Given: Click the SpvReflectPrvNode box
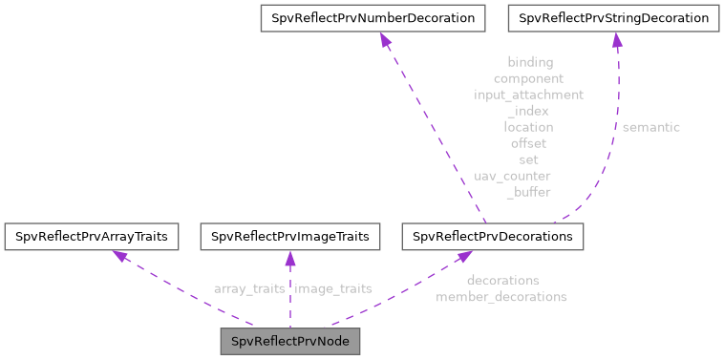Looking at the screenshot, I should tap(289, 341).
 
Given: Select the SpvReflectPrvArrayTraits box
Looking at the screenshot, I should tap(92, 235).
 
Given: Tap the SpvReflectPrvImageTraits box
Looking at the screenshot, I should tap(289, 235).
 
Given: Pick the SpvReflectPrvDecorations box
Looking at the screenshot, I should tap(493, 235).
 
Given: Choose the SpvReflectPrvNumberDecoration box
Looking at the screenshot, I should tap(373, 17).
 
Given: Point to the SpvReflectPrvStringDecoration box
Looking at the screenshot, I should tap(613, 17).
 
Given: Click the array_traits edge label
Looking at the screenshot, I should tap(249, 287).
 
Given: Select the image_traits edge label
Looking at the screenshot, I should tap(333, 287).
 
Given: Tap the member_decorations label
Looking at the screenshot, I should tap(501, 297).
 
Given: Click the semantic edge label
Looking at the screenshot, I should tap(651, 126).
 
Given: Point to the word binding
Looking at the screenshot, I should tap(529, 62).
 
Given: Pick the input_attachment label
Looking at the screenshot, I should tap(528, 95).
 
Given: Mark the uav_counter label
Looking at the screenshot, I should tap(512, 176).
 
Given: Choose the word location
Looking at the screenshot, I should tap(528, 126).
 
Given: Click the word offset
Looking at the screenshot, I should tap(528, 143).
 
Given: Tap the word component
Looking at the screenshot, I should tap(528, 78).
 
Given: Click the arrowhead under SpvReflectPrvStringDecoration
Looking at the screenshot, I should tap(617, 40).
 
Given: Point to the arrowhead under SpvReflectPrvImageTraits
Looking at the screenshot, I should tap(289, 258).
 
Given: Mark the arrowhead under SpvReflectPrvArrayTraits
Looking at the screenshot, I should tap(117, 256).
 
